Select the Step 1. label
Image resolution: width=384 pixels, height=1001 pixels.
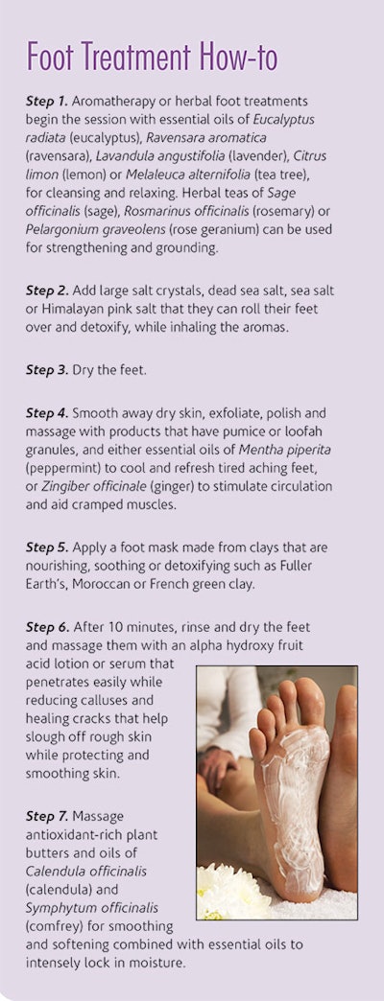coord(47,101)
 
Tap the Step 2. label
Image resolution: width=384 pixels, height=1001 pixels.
coord(47,291)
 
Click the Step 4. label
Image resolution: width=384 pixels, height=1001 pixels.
coord(47,413)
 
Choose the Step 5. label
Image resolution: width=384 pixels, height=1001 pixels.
coord(47,547)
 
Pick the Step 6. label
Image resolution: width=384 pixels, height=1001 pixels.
coord(47,626)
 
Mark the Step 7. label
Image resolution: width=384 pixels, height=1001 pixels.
coord(47,816)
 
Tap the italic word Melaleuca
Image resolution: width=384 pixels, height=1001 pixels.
coord(152,175)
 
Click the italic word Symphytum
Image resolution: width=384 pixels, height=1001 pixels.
coord(55,908)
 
